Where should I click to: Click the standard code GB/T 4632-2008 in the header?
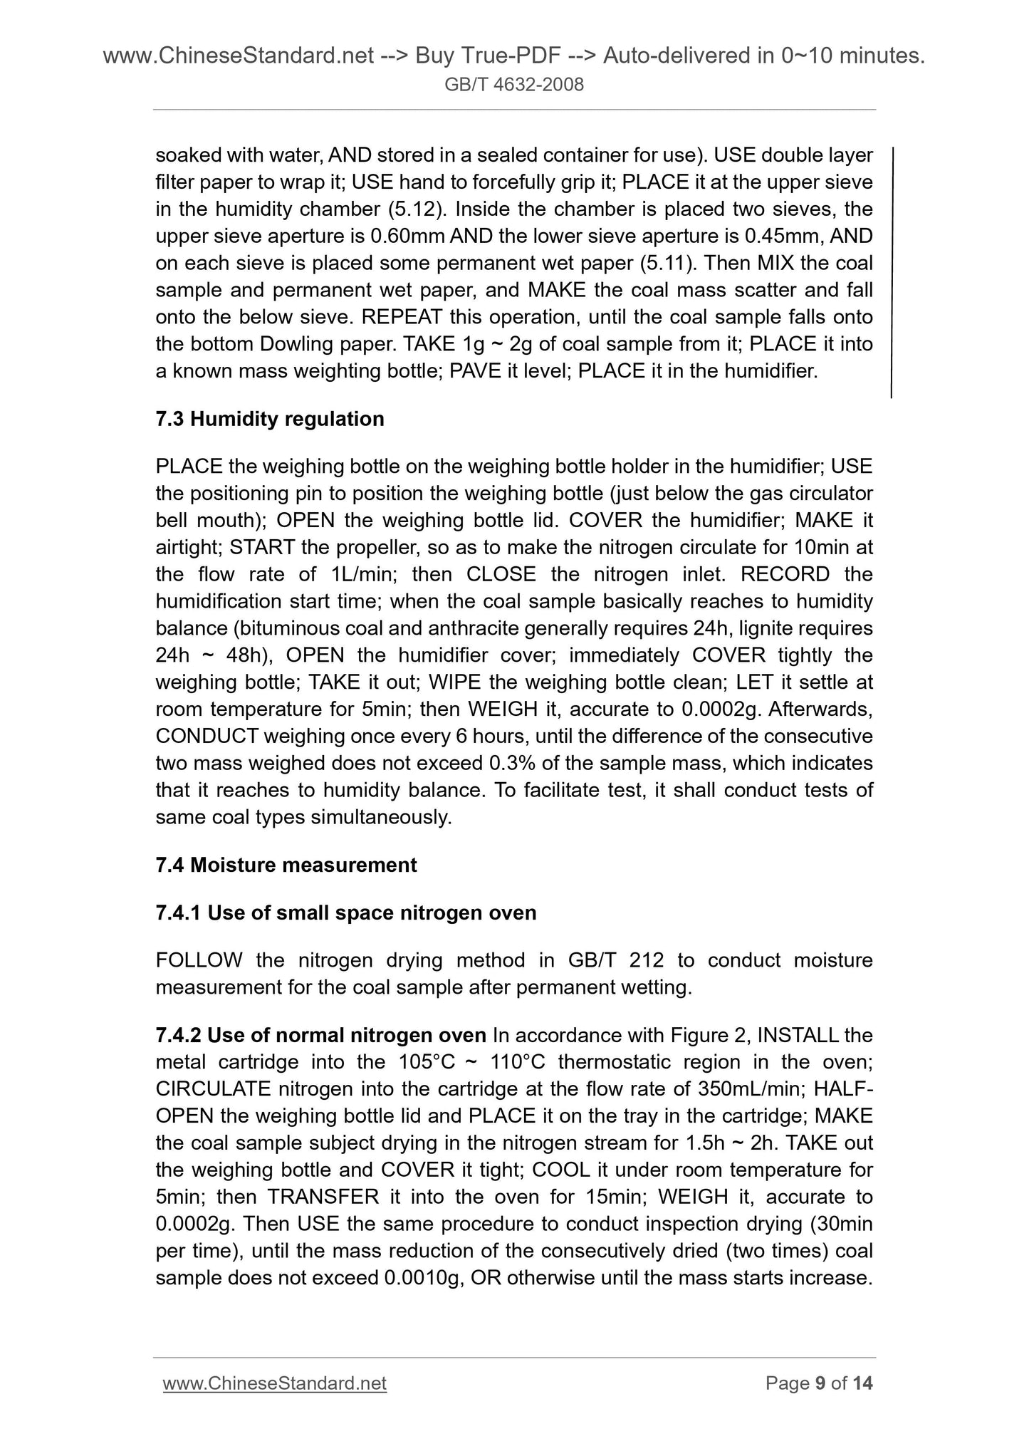pos(514,85)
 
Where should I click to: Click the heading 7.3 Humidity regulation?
pos(270,419)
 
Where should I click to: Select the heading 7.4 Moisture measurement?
pos(286,865)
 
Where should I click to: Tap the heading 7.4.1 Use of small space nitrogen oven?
pos(345,912)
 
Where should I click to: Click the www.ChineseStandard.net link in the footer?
pos(275,1383)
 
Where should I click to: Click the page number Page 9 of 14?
pos(819,1383)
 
